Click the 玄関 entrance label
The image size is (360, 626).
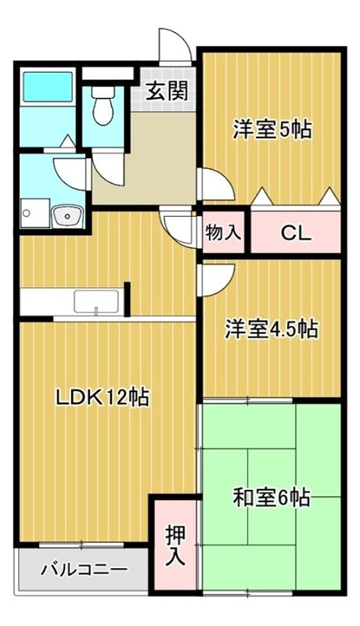167,92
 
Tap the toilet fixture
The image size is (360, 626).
102,106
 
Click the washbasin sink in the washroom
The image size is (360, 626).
67,214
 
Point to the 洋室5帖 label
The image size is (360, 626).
272,129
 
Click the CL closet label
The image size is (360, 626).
296,233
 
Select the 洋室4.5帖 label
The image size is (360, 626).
272,329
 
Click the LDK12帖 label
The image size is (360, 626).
102,398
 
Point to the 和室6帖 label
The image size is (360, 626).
272,497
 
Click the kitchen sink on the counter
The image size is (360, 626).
96,302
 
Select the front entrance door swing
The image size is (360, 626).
174,43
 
